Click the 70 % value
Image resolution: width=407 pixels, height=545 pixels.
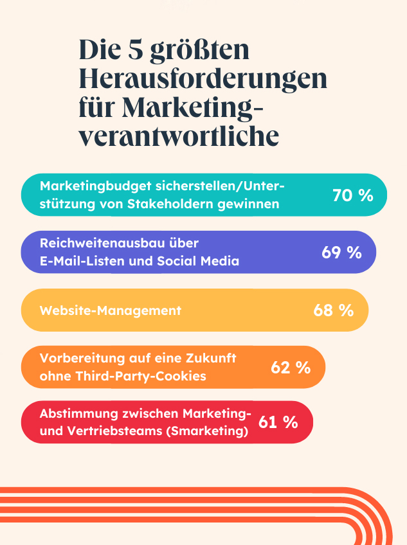point(352,195)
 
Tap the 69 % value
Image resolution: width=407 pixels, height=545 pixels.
point(341,253)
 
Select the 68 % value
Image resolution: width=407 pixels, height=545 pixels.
point(333,310)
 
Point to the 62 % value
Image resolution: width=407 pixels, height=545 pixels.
point(291,368)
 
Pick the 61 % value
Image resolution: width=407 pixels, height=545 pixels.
point(278,422)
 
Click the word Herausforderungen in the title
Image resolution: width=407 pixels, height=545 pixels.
point(203,78)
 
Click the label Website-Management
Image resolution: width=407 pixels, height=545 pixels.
point(111,310)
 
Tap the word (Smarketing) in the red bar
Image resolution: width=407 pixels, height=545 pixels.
point(206,432)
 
